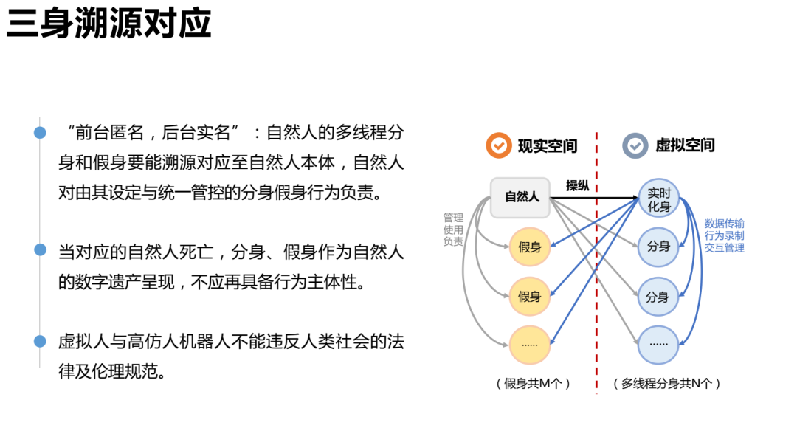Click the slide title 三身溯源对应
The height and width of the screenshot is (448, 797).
108,25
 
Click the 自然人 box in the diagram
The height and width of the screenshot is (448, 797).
522,197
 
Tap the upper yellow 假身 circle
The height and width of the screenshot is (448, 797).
530,247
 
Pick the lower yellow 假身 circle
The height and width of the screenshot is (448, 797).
530,297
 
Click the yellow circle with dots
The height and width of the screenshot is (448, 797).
530,345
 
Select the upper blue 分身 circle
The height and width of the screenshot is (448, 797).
658,247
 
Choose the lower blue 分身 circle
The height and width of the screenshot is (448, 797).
658,297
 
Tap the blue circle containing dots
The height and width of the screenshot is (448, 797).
658,345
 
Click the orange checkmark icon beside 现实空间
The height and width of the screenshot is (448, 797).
499,145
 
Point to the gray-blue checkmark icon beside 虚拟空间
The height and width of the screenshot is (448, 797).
635,145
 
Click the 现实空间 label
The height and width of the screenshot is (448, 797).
547,145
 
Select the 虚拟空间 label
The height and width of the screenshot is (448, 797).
685,145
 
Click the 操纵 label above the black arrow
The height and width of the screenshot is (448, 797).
577,186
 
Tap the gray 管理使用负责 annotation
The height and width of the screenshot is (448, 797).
453,230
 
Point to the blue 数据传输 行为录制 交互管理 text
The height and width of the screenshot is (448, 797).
724,235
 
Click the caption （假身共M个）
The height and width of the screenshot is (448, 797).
534,384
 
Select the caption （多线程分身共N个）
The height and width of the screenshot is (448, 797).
666,384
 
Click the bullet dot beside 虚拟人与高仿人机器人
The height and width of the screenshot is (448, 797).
40,340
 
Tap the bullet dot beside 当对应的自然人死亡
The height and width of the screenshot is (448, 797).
40,249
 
